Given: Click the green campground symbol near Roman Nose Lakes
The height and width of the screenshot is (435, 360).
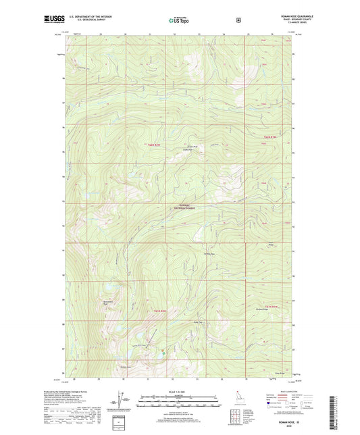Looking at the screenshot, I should pyautogui.click(x=163, y=349).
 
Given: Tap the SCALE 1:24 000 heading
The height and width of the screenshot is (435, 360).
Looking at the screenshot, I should pyautogui.click(x=179, y=391).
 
